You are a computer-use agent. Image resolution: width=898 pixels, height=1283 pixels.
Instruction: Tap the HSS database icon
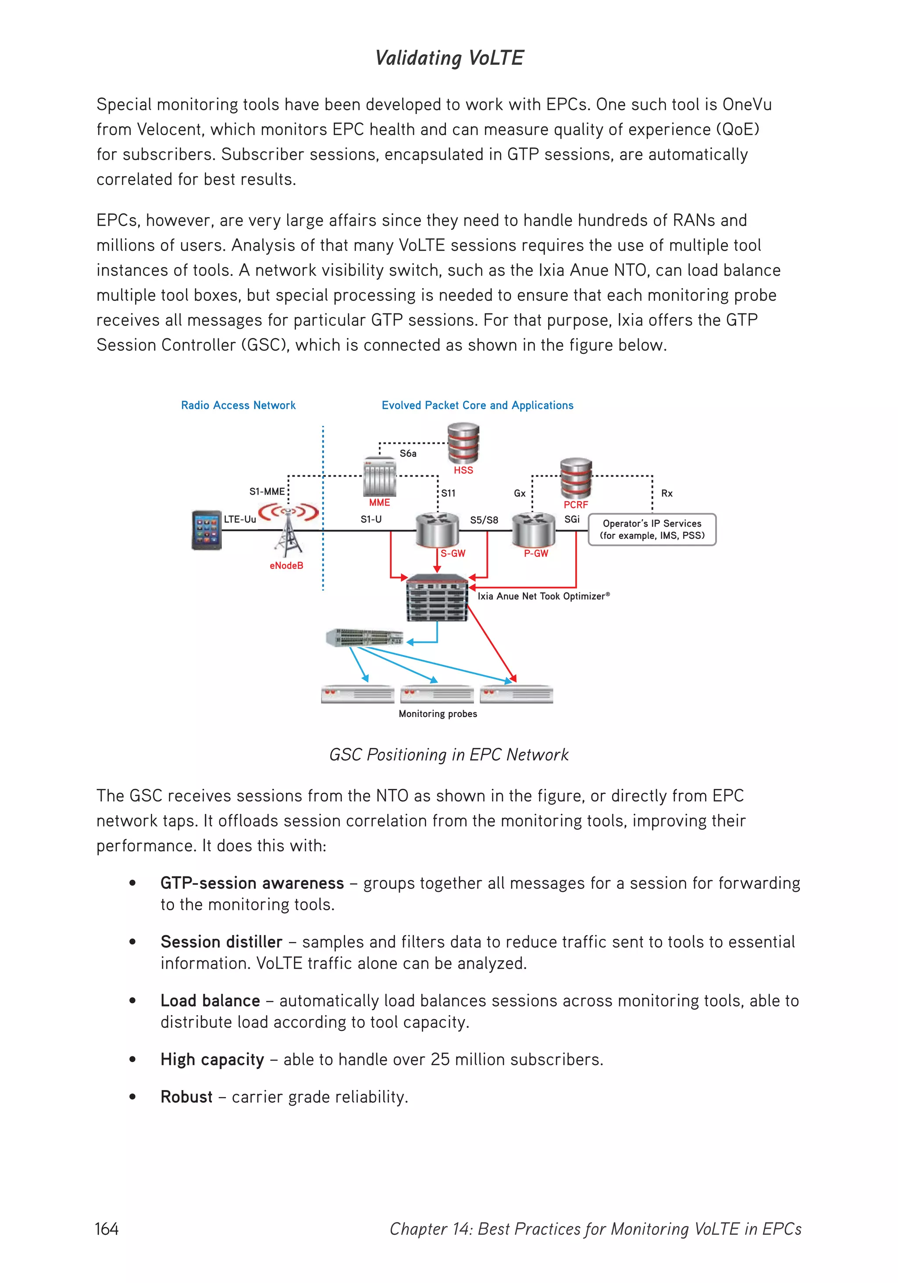tap(463, 443)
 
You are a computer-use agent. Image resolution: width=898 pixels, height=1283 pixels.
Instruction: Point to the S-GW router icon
tap(438, 530)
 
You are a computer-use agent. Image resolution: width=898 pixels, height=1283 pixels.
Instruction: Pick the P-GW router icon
tap(534, 530)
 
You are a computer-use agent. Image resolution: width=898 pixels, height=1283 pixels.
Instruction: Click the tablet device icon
tap(206, 530)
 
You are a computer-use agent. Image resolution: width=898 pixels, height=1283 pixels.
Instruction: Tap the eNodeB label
tap(286, 566)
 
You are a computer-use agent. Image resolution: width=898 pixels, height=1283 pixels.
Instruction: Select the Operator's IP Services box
tap(652, 529)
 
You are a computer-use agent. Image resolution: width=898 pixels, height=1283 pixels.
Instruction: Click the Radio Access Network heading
tap(238, 405)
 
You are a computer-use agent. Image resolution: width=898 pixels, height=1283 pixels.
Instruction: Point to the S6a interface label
tap(408, 453)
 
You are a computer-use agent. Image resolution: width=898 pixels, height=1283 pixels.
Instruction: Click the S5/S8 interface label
tap(484, 520)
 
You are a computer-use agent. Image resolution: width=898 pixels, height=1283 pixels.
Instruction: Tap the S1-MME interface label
tap(267, 492)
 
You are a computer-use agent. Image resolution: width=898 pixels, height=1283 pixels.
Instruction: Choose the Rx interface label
tap(666, 493)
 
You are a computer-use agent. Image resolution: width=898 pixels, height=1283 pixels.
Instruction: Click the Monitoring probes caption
tap(438, 713)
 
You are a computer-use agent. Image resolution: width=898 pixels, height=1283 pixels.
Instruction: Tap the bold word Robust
tap(186, 1097)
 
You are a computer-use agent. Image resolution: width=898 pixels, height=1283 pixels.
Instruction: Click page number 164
tap(107, 1229)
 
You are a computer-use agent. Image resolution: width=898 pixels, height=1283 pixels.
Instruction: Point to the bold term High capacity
tap(212, 1059)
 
